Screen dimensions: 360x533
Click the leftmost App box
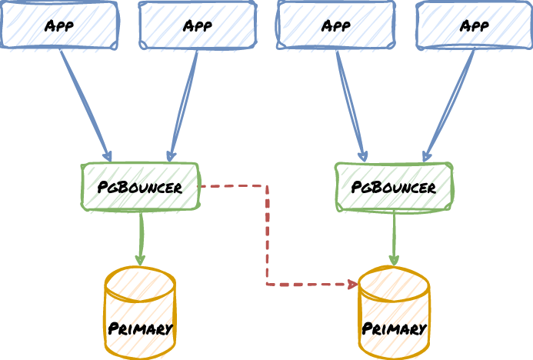59,25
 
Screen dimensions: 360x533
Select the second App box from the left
198,25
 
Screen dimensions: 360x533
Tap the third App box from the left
336,25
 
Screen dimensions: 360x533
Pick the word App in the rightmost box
475,25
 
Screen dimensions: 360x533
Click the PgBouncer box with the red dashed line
140,186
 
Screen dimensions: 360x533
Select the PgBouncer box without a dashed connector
394,186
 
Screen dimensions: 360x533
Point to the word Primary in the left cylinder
140,328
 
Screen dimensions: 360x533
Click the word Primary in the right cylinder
394,328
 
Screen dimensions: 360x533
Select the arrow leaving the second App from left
185,104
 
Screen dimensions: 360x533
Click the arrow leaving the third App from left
350,104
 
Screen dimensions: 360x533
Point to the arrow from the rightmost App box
451,104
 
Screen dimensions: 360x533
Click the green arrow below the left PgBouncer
141,237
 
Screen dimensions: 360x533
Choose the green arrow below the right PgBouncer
394,237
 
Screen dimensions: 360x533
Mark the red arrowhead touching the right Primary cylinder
353,285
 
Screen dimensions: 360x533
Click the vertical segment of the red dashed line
267,235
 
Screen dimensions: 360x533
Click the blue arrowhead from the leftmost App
108,157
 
